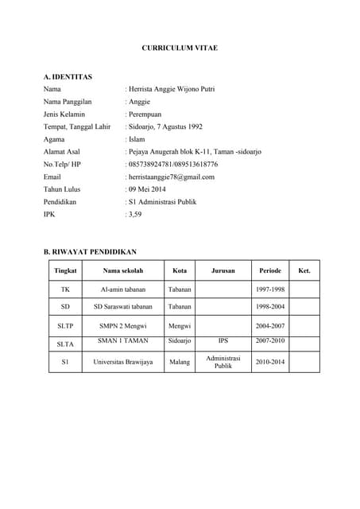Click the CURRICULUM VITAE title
(x=180, y=49)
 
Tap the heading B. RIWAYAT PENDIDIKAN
(x=91, y=251)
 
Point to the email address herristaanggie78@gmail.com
(x=171, y=177)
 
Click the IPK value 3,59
(x=134, y=215)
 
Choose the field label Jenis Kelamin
(x=64, y=115)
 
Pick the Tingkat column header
(x=65, y=271)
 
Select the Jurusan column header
(x=223, y=271)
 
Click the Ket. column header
(x=304, y=271)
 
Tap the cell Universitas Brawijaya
(x=123, y=362)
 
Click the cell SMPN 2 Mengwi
(x=123, y=325)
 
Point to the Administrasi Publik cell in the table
(x=223, y=363)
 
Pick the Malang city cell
(x=180, y=362)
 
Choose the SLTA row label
(x=65, y=344)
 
